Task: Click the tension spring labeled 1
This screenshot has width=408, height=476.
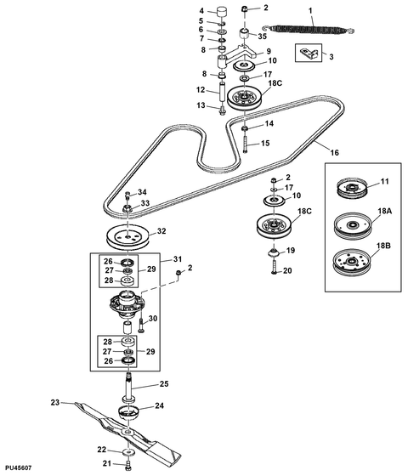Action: point(308,30)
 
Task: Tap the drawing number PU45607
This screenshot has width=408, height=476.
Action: point(18,467)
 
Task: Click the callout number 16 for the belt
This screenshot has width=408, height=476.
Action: point(334,152)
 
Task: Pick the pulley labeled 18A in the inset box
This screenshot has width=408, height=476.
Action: point(353,225)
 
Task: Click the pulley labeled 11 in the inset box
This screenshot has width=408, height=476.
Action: point(352,189)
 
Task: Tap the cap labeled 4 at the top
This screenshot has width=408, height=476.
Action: point(223,13)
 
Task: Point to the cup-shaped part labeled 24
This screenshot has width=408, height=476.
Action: point(128,412)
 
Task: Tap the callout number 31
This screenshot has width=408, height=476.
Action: point(178,259)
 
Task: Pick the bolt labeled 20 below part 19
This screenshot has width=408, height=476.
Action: point(275,267)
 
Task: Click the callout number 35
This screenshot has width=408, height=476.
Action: point(263,36)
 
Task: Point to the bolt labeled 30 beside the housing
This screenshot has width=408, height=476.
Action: point(141,325)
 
